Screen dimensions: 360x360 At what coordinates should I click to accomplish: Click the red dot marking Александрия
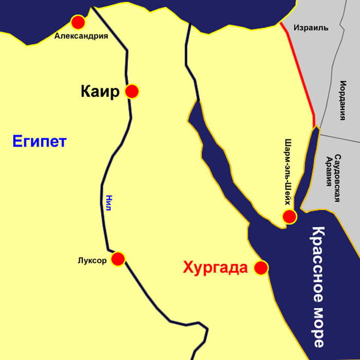pyautogui.click(x=78, y=22)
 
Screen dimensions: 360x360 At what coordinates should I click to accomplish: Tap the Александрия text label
pyautogui.click(x=81, y=36)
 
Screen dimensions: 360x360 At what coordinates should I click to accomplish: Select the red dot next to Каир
pyautogui.click(x=132, y=92)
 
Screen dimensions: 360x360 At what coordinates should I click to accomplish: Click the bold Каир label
pyautogui.click(x=100, y=92)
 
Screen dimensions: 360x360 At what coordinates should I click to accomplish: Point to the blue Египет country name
pyautogui.click(x=40, y=141)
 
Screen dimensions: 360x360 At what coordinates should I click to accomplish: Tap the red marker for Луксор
pyautogui.click(x=118, y=259)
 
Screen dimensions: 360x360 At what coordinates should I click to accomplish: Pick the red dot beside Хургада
pyautogui.click(x=261, y=267)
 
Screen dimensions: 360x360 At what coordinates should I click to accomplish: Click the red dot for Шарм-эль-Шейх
pyautogui.click(x=290, y=217)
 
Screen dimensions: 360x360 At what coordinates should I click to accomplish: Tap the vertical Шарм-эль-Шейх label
pyautogui.click(x=288, y=172)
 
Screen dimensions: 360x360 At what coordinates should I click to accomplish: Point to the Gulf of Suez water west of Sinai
pyautogui.click(x=216, y=165)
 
